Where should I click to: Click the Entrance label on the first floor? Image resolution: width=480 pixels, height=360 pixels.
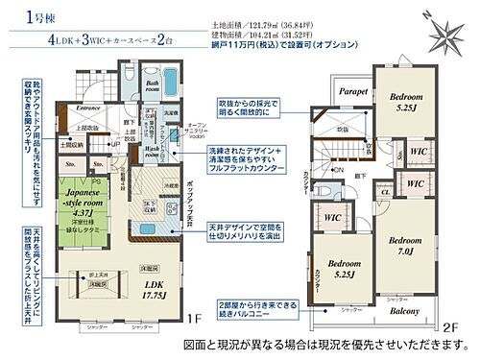coord(92,108)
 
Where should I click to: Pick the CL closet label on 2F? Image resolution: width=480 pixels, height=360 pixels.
coord(385,192)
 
